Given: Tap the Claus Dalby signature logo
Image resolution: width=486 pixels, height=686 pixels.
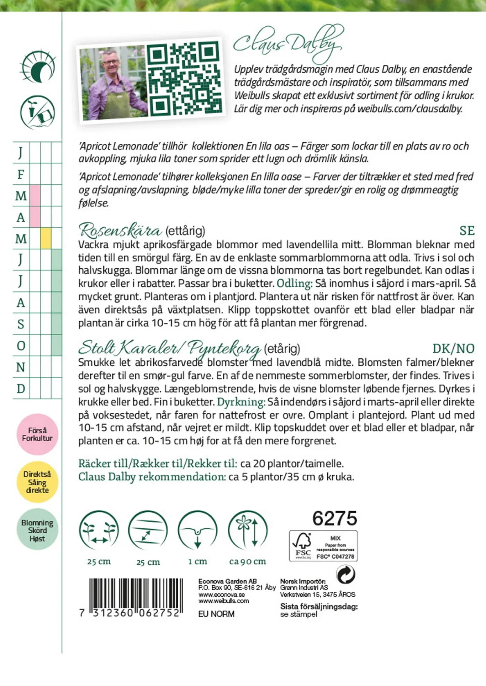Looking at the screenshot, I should click(288, 43).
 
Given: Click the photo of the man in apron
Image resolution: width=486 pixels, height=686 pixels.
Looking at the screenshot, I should click(113, 83).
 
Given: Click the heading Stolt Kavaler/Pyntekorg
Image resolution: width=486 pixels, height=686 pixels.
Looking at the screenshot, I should click(169, 348).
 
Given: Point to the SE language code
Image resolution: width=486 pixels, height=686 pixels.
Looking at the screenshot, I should click(467, 231).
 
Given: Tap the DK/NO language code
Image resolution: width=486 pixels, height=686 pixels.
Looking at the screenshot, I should click(453, 348).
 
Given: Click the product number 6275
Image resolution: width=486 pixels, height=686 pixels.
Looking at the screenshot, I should click(334, 518).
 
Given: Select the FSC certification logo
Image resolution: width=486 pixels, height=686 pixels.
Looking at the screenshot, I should click(323, 546).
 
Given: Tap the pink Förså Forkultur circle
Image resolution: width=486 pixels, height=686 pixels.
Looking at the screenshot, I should click(37, 434).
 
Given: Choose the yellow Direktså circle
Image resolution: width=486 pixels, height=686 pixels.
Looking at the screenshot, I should click(37, 482).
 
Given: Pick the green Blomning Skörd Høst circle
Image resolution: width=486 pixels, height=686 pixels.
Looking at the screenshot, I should click(37, 530).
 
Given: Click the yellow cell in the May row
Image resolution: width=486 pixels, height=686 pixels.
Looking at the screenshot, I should click(46, 238).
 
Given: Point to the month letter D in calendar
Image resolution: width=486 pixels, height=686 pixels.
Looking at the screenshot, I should click(21, 389).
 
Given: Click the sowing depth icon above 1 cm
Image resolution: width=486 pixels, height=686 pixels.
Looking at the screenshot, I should click(197, 531).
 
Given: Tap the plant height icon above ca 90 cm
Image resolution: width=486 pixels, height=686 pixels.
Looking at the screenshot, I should click(248, 531).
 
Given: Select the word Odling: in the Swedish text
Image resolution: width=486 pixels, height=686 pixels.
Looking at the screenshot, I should click(295, 284).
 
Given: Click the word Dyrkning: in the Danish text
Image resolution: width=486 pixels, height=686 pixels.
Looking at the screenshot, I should click(241, 402).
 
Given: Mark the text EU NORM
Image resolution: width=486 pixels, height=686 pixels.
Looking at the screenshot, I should click(216, 614).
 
